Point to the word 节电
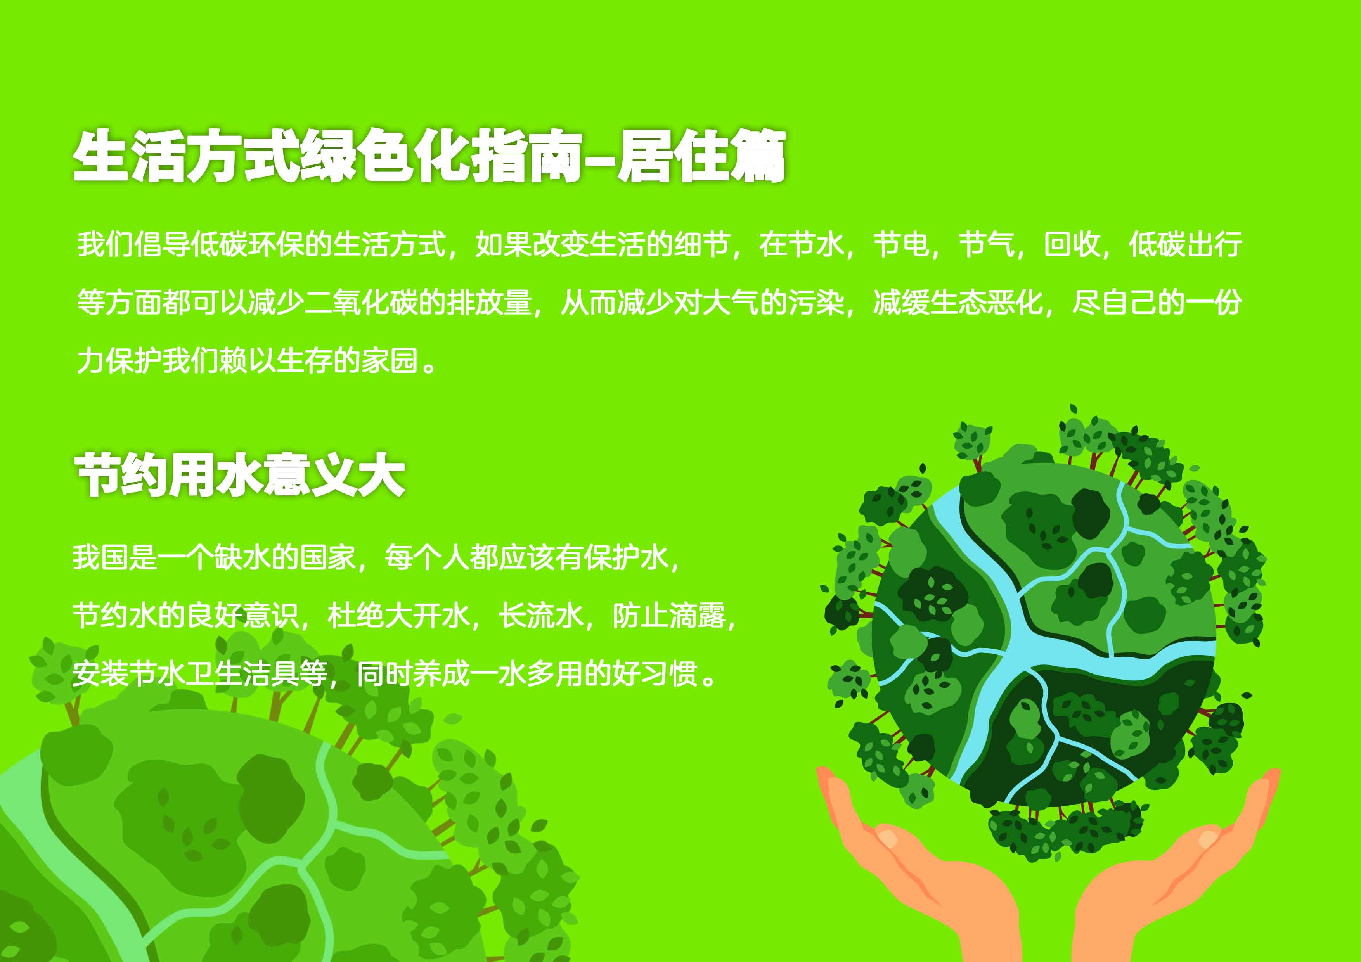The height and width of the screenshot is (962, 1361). pos(900,244)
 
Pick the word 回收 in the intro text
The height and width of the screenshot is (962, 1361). pos(1070,244)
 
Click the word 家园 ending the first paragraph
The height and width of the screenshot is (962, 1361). pos(390,360)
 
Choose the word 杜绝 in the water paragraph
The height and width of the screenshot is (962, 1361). pos(356,616)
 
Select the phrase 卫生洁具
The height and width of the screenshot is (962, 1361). pos(242,673)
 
